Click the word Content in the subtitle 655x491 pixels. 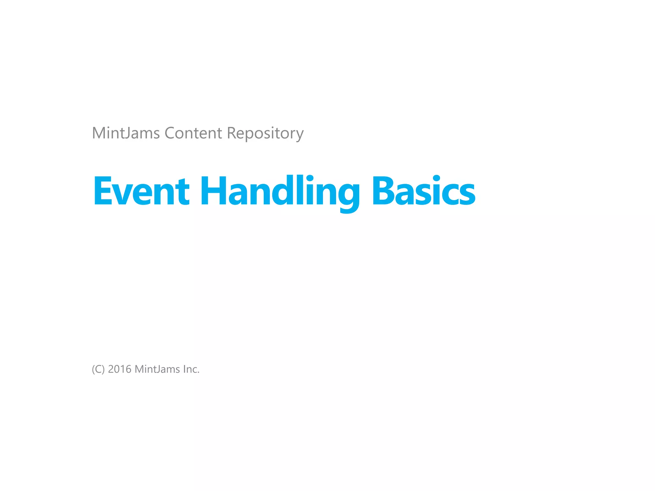tap(193, 133)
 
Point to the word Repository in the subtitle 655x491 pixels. tap(265, 134)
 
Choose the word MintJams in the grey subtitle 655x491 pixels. tap(126, 133)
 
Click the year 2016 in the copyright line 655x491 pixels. tap(120, 369)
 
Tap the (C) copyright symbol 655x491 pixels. tap(98, 369)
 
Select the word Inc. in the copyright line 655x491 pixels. tap(191, 369)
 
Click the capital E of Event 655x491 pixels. tap(102, 191)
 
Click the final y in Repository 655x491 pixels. tap(299, 135)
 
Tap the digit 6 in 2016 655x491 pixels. tap(128, 369)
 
